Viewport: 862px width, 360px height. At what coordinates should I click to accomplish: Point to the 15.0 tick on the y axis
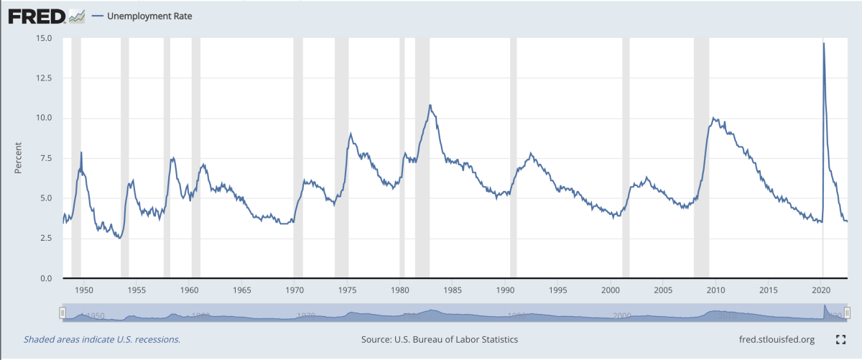(x=42, y=38)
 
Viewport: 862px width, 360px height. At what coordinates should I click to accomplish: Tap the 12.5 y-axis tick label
(x=42, y=78)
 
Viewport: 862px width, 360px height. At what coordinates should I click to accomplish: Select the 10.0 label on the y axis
(x=42, y=118)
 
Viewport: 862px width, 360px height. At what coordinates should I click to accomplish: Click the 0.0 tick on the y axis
(x=45, y=278)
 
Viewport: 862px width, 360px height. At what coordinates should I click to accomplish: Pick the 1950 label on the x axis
(x=84, y=290)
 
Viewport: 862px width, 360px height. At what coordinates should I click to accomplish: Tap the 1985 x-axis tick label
(x=453, y=290)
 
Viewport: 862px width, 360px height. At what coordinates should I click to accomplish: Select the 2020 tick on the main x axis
(x=821, y=290)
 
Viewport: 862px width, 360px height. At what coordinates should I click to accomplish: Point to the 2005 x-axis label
(x=663, y=290)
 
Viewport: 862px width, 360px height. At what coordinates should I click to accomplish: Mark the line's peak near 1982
(x=430, y=105)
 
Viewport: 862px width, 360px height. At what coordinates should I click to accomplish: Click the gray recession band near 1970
(x=298, y=158)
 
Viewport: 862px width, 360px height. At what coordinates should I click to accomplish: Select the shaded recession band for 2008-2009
(x=701, y=158)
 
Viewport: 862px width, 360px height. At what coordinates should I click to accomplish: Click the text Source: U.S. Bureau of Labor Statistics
(x=440, y=339)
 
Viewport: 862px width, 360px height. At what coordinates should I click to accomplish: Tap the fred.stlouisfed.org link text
(x=777, y=339)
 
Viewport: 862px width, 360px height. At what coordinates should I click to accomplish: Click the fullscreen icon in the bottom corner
(x=841, y=339)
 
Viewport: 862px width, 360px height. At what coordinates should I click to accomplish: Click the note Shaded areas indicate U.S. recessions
(x=102, y=339)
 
